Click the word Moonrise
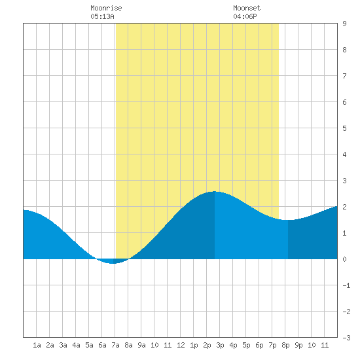106,8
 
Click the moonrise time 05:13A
102,16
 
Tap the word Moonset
247,8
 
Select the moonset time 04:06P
245,16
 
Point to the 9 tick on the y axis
344,24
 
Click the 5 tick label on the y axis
344,128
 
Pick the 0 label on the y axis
344,259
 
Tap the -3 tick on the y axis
346,338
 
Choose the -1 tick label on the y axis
346,285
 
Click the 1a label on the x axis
37,345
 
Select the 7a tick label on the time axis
115,345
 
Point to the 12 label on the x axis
181,345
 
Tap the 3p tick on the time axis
220,345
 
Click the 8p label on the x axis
285,345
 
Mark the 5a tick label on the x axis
89,345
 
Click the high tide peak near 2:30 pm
215,192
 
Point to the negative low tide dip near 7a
113,263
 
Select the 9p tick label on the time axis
298,345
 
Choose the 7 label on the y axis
344,76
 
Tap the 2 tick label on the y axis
344,207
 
